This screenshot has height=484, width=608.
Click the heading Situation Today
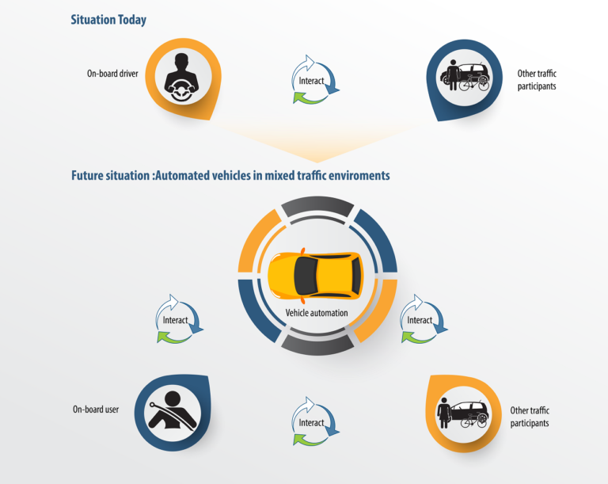point(108,20)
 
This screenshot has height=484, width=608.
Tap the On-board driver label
point(112,74)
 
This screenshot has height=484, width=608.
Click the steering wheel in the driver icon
point(181,91)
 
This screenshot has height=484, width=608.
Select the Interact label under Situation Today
point(311,81)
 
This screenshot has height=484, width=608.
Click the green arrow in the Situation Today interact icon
point(307,97)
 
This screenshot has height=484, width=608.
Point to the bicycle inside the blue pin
point(474,82)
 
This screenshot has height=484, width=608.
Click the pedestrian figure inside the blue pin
point(453,74)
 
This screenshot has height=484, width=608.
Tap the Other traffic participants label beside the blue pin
point(537,80)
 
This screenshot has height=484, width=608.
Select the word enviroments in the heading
point(359,175)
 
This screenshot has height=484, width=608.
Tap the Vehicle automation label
point(317,313)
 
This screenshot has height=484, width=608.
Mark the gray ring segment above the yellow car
point(317,204)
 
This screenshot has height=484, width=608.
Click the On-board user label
point(96,410)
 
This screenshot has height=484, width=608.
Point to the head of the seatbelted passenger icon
point(173,398)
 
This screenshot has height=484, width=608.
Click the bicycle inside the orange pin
point(473,421)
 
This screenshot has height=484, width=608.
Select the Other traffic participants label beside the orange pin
point(530,417)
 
